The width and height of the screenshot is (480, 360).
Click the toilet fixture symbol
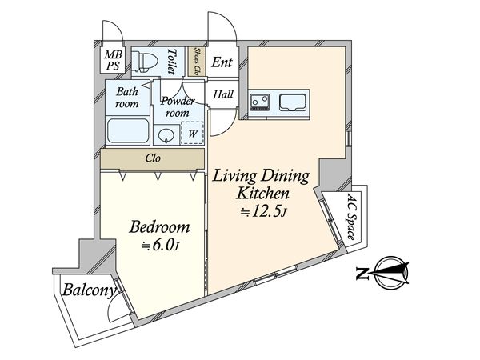(x=144, y=62)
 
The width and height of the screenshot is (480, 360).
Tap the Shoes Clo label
(x=197, y=62)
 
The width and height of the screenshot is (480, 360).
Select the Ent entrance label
(x=222, y=62)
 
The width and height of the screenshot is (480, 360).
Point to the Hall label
(x=223, y=94)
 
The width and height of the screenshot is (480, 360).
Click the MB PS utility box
(x=113, y=60)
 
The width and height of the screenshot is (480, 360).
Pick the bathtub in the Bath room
(x=128, y=130)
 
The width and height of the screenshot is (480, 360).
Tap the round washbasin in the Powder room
(x=166, y=135)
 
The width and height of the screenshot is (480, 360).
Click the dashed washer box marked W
(x=192, y=133)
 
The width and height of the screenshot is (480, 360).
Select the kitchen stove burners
(x=260, y=102)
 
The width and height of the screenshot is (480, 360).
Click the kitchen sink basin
(x=293, y=102)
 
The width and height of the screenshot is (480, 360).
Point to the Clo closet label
(x=153, y=158)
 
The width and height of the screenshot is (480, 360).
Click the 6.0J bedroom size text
(x=160, y=246)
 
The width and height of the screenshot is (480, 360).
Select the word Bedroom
(x=159, y=227)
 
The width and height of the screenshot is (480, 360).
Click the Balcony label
(x=90, y=290)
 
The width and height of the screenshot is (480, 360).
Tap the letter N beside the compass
(x=362, y=273)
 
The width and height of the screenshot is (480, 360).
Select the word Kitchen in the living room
(x=263, y=194)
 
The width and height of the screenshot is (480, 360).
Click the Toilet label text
(x=172, y=62)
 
